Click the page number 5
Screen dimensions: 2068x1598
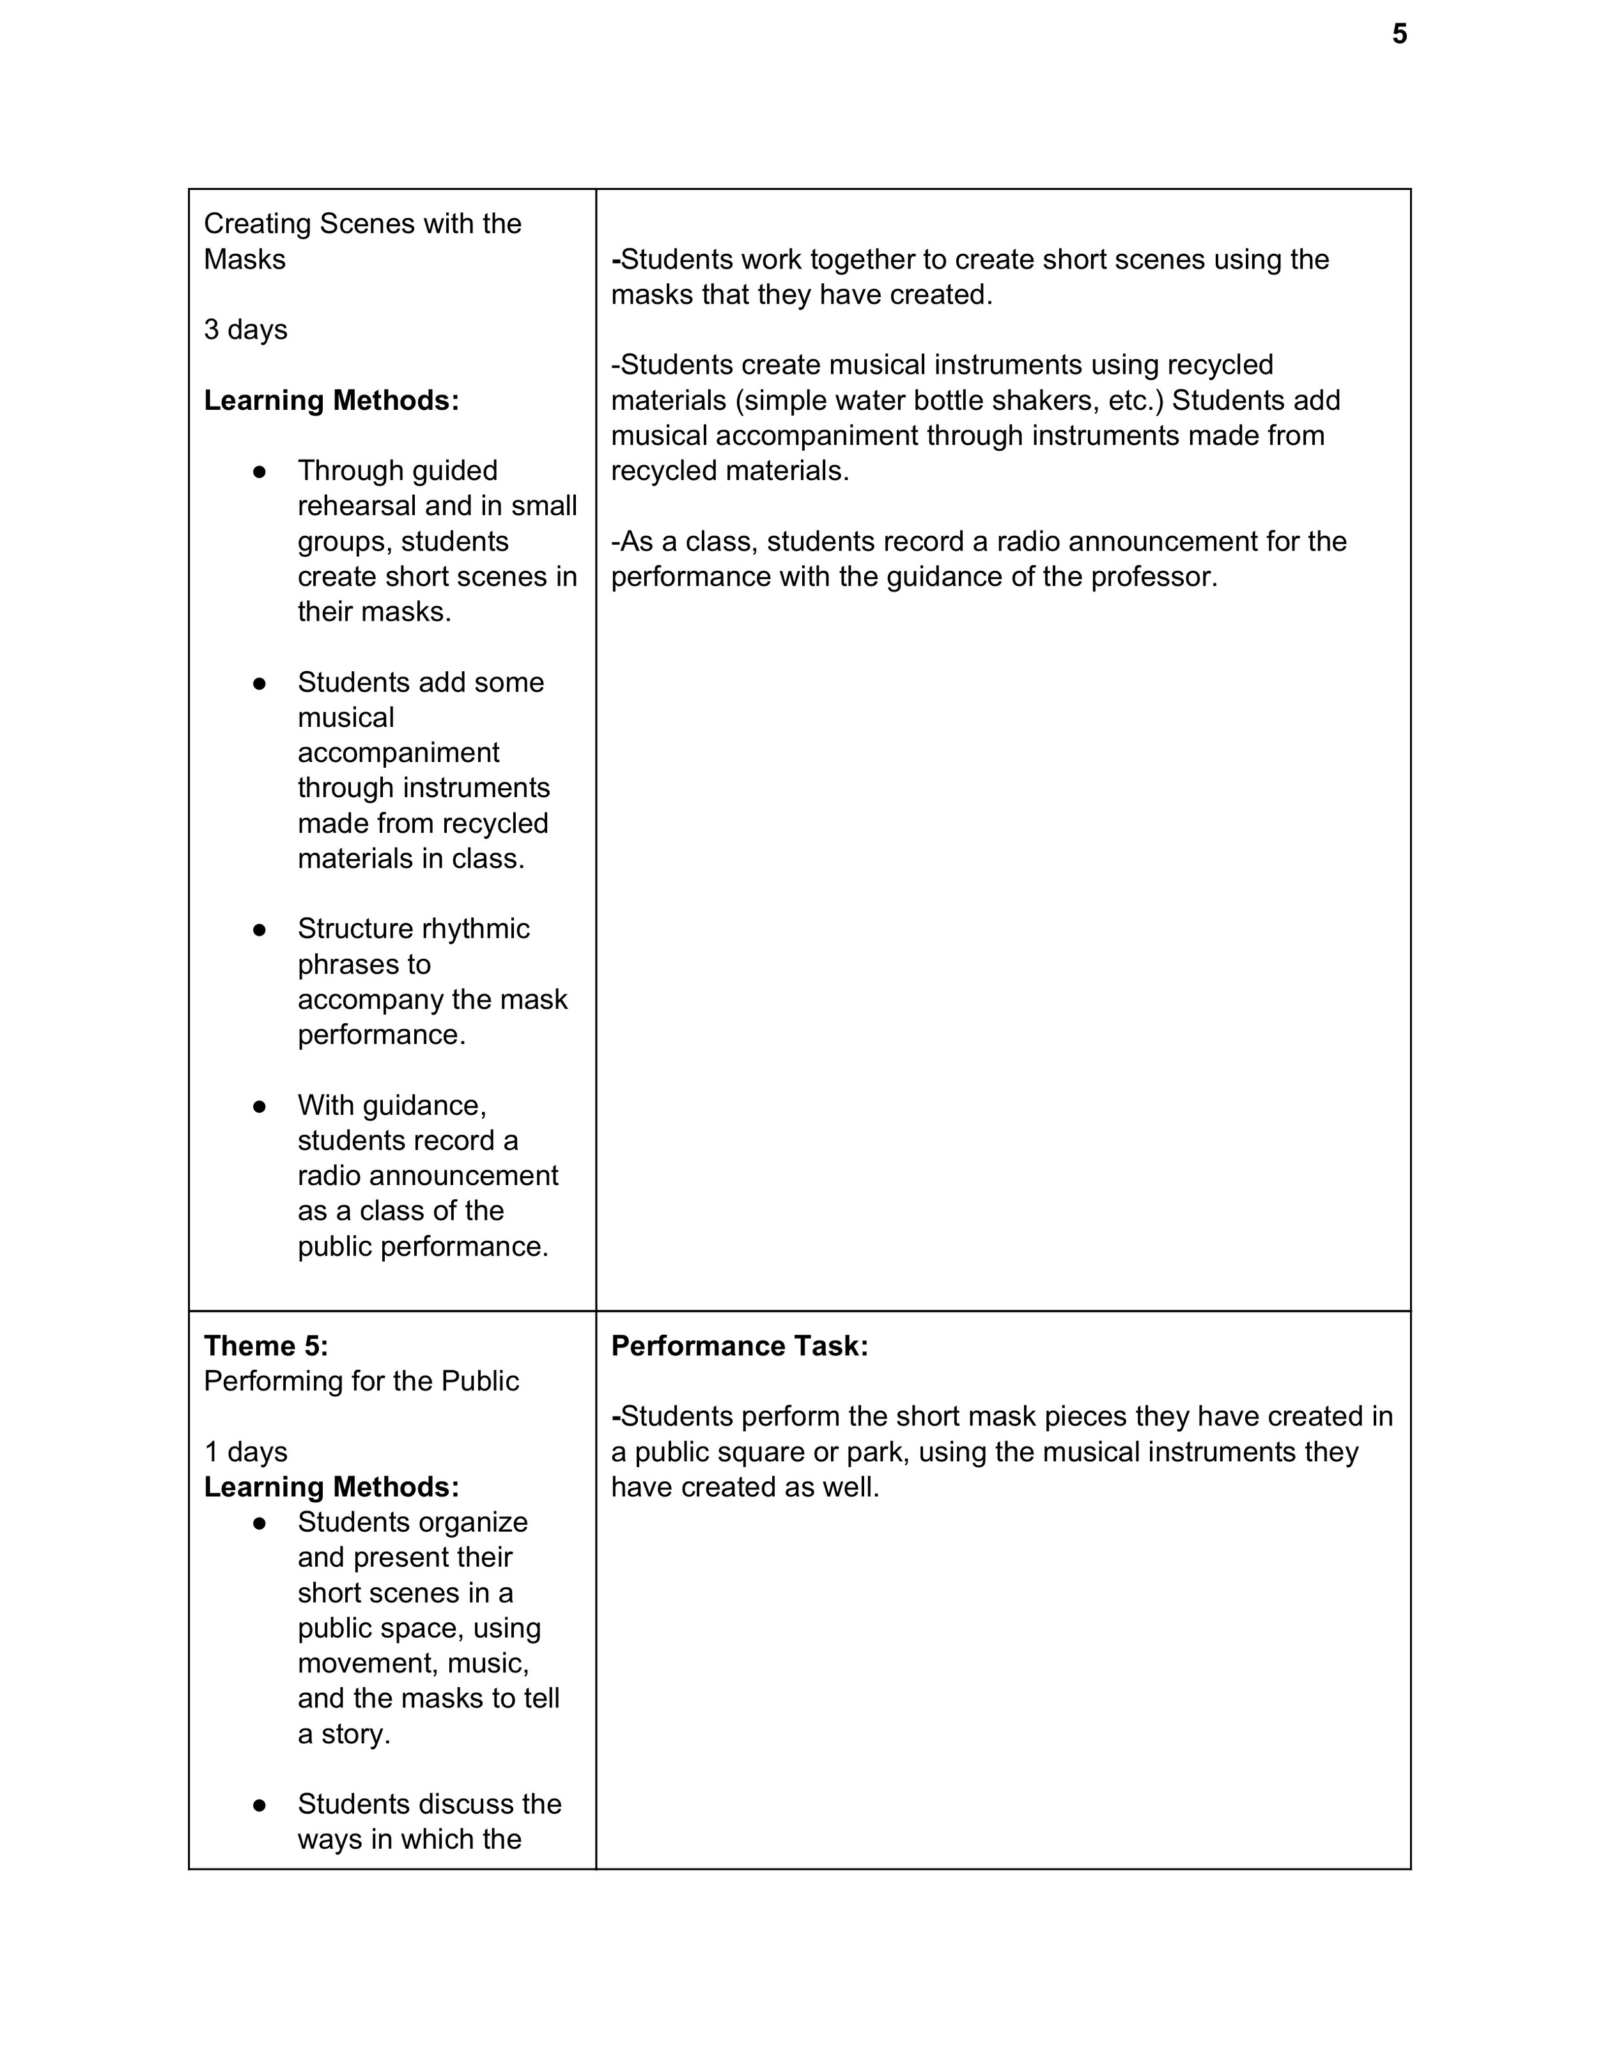(1399, 35)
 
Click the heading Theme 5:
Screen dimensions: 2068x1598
(266, 1346)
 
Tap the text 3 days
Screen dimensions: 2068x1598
(245, 329)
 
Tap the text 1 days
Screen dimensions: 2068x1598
(245, 1452)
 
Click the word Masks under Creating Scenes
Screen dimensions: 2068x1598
(244, 260)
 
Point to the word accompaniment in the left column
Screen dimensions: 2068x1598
(398, 753)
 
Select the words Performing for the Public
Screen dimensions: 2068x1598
(361, 1381)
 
